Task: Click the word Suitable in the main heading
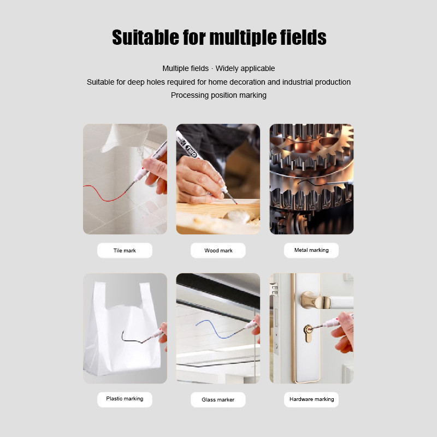pos(145,37)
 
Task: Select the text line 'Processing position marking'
pos(218,95)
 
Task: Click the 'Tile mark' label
pos(125,251)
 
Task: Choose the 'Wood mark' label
pos(218,251)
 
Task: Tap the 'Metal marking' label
pos(311,250)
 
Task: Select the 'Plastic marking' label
pos(125,399)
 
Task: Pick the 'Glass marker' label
pos(218,400)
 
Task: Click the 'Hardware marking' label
pos(311,399)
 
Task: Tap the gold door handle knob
pos(316,300)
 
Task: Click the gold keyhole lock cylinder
pos(308,333)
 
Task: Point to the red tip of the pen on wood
pos(236,203)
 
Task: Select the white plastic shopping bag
pos(122,329)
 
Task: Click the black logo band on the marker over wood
pos(191,150)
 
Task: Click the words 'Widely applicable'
pos(245,69)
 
